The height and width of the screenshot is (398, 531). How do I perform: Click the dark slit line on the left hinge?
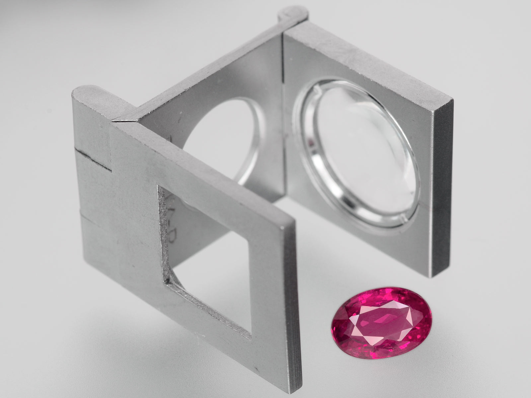coord(95,159)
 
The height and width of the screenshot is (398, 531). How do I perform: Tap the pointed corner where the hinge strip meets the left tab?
coord(114,121)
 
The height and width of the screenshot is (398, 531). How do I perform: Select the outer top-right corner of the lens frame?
coord(451,99)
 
